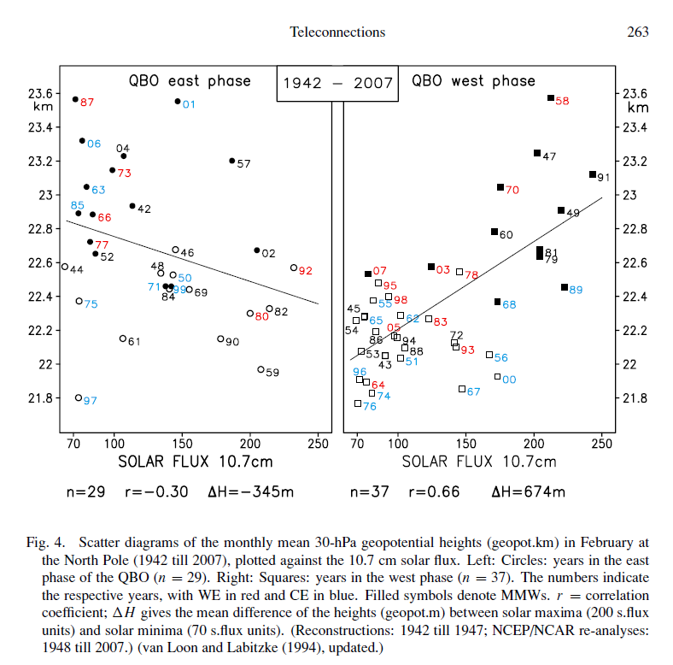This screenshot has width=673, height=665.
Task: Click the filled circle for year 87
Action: point(75,99)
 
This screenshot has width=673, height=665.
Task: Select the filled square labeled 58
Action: point(551,98)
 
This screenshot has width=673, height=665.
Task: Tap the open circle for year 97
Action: point(79,397)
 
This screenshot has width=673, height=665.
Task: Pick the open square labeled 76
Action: point(358,403)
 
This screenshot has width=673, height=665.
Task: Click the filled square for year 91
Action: point(593,174)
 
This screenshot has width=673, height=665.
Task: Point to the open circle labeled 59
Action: point(260,369)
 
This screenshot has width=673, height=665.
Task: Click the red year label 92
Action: point(306,271)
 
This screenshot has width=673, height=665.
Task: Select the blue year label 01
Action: point(189,104)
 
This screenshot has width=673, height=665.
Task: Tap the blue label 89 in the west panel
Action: point(576,290)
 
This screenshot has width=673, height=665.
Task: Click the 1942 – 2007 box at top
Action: point(337,84)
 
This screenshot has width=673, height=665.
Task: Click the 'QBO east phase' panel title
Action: point(190,80)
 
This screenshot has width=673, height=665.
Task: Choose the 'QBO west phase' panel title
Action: point(473,80)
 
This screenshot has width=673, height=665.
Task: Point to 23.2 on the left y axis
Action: point(40,161)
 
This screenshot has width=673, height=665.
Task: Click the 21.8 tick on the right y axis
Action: point(635,398)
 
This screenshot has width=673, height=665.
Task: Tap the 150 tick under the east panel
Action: point(182,444)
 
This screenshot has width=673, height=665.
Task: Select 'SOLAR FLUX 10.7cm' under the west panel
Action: point(479,462)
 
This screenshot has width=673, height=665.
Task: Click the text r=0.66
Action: point(434,491)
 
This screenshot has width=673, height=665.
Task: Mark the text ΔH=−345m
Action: point(250,491)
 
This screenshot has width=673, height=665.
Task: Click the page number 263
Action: point(638,32)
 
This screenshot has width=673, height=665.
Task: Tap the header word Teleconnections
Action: point(337,32)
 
